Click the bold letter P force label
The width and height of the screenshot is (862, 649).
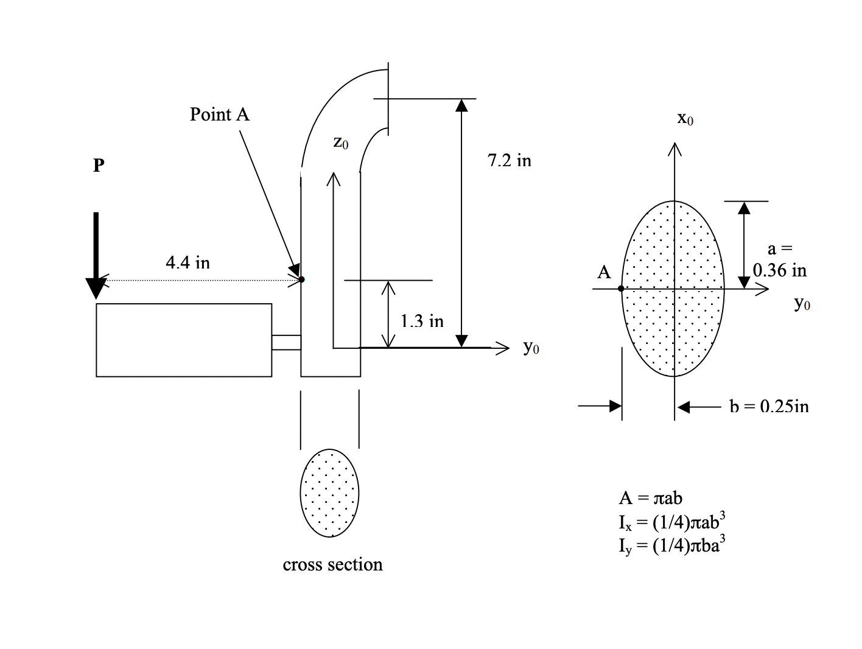tap(99, 166)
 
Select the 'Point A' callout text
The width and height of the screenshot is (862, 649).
tap(220, 114)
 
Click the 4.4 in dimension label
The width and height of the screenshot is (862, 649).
tap(187, 262)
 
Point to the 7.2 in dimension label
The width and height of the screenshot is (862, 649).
tap(509, 161)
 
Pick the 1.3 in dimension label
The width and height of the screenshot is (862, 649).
tap(422, 321)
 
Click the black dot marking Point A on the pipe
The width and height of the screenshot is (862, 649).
tap(301, 279)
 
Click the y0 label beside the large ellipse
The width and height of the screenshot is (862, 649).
tap(802, 303)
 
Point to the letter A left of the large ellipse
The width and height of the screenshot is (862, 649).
tap(604, 272)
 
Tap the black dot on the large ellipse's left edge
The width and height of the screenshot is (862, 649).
tap(621, 289)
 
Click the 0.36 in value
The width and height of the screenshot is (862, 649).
tap(779, 270)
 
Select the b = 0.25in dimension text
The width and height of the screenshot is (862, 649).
tap(769, 406)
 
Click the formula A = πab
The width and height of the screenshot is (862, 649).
tap(650, 498)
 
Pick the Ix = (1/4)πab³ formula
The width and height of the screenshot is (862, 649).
tap(671, 522)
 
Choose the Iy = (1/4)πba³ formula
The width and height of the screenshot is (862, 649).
tap(671, 546)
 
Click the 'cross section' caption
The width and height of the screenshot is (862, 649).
tap(332, 565)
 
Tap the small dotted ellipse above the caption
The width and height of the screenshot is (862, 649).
tap(329, 493)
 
